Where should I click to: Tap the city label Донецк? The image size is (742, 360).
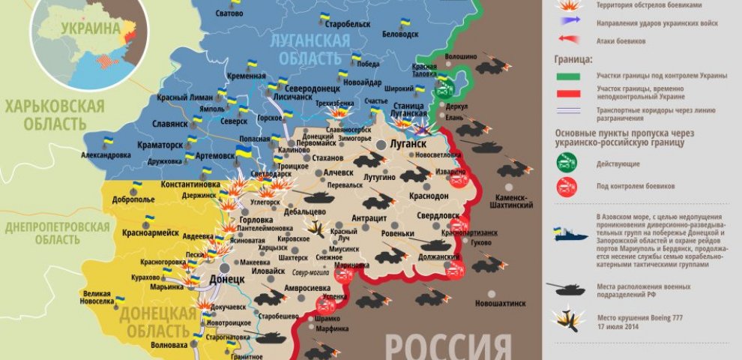[227, 278]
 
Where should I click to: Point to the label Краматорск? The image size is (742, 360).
[158, 143]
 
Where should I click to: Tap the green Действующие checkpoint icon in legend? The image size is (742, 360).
[567, 162]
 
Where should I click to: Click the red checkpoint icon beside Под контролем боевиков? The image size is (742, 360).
[567, 185]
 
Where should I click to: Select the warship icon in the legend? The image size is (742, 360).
[569, 235]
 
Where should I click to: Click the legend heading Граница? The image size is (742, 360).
[573, 58]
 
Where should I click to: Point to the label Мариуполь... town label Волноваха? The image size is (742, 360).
[169, 346]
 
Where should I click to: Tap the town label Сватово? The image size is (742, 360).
[229, 14]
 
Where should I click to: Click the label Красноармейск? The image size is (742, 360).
[151, 232]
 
